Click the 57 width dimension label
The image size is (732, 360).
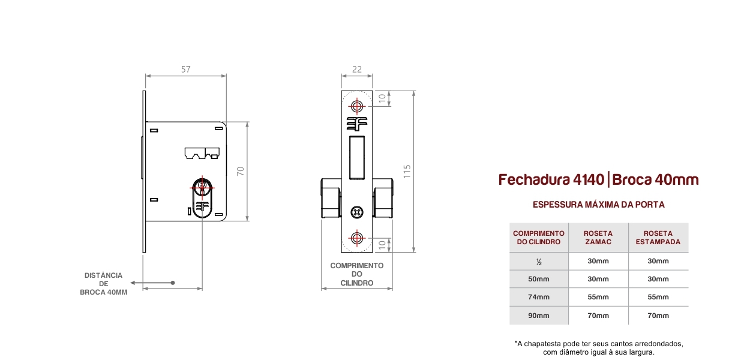coord(185,69)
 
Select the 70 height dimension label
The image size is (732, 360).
coord(241,171)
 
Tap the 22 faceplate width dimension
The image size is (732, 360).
coord(357,69)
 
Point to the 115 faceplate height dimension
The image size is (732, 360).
coord(407,172)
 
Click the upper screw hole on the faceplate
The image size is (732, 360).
coord(357,106)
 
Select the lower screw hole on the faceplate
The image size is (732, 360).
coord(357,238)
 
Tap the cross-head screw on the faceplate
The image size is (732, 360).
coord(357,212)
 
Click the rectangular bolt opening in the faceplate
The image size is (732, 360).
coord(357,158)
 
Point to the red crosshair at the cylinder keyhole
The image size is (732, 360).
coord(202,188)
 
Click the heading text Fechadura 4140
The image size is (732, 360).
coord(551,179)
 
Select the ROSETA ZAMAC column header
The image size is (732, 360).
coord(598,238)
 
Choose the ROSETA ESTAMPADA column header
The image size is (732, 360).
coord(658,238)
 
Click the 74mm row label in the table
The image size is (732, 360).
coord(539,297)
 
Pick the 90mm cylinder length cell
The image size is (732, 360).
coord(539,316)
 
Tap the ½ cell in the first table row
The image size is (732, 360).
coord(539,262)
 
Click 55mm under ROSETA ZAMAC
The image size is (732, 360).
coord(598,297)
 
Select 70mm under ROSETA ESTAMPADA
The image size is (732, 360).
coord(658,316)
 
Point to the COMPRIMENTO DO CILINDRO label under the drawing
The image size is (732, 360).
coord(357,274)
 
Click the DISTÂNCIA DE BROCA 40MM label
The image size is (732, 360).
coord(104,284)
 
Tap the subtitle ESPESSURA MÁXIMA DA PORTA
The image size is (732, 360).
coord(599,205)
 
